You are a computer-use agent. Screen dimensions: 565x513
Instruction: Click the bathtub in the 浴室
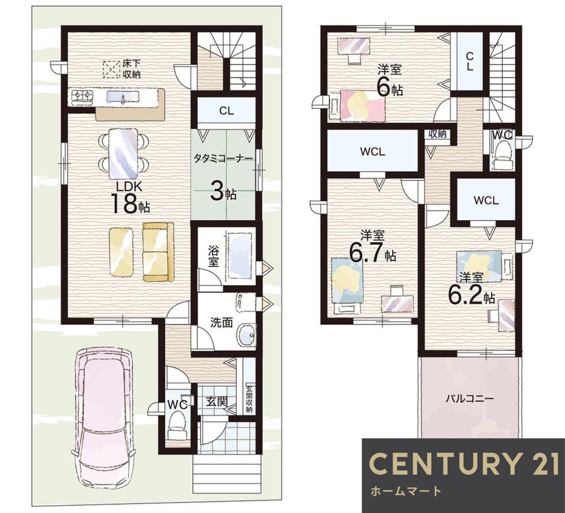[x=240, y=256]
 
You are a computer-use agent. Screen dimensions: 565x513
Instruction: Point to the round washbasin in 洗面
[x=247, y=335]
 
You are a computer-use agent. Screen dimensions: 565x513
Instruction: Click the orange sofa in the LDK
[x=158, y=252]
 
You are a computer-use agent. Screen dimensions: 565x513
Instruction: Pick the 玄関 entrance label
[x=216, y=402]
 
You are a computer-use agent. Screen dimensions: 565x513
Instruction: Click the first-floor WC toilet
[x=176, y=425]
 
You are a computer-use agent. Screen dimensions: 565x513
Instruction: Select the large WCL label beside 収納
[x=372, y=152]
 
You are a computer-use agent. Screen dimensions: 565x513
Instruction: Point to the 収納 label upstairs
[x=437, y=134]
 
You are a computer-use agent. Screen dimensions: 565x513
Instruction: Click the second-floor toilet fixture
[x=503, y=155]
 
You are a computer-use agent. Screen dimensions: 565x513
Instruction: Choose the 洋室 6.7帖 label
[x=372, y=247]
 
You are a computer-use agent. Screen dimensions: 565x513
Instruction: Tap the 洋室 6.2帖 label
[x=471, y=288]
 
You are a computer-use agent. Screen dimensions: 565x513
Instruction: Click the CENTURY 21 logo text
[x=464, y=463]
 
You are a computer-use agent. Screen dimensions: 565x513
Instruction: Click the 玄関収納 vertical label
[x=249, y=399]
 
